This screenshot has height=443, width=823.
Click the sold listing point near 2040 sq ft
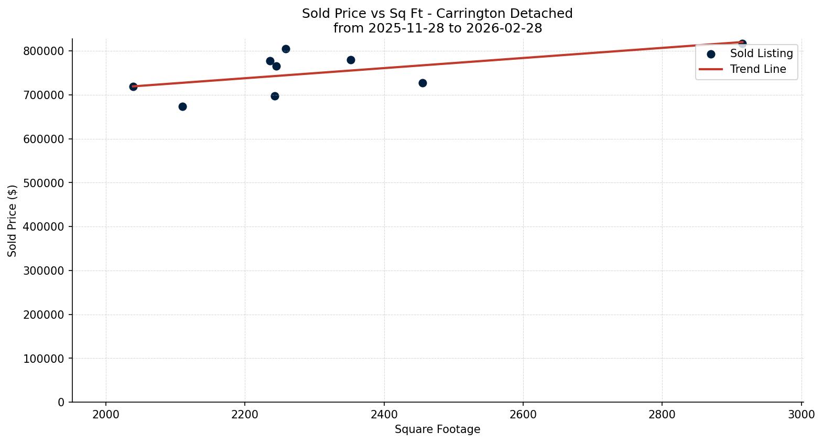[x=133, y=87]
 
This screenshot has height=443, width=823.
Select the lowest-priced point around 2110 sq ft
[x=182, y=106]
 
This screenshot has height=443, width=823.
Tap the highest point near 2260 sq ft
[x=286, y=49]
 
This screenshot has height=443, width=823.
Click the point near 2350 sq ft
[x=351, y=60]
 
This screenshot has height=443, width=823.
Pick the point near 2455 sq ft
[x=423, y=83]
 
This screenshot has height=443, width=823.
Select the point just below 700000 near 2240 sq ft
[x=275, y=96]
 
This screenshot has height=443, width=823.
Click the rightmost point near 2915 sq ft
[x=742, y=44]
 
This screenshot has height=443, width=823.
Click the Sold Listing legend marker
[x=711, y=53]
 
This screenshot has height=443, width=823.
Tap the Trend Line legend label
[x=757, y=69]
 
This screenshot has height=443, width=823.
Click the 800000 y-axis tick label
[x=44, y=51]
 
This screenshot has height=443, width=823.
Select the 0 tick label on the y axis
[x=61, y=402]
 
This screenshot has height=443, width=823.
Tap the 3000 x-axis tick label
[x=801, y=414]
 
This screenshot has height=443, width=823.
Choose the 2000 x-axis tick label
[x=106, y=414]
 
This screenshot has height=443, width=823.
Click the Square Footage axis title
[x=437, y=429]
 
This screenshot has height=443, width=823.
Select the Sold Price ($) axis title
[x=13, y=221]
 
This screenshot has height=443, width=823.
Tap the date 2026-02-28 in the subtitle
[x=503, y=28]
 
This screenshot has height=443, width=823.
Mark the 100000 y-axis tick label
[x=44, y=359]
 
